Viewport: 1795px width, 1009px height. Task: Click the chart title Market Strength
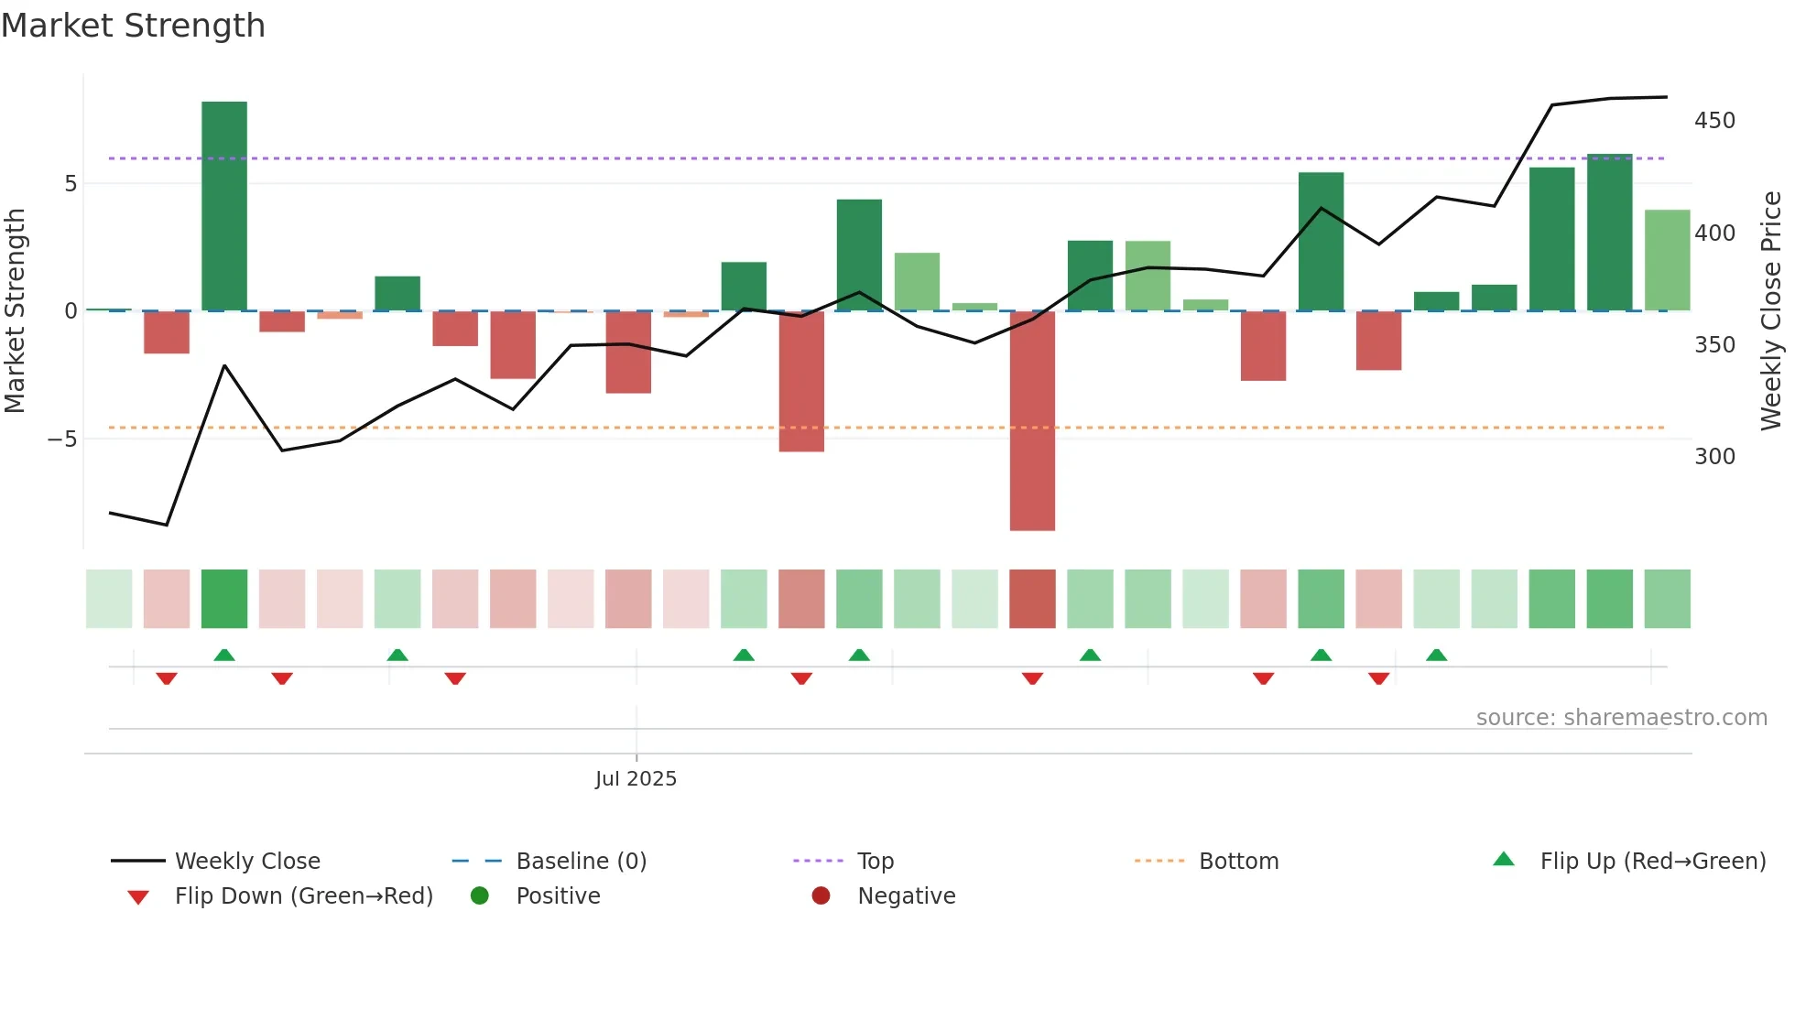133,26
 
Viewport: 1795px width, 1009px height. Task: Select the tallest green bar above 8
224,206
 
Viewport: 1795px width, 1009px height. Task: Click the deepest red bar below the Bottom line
1032,421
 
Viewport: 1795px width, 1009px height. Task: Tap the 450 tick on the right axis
1714,121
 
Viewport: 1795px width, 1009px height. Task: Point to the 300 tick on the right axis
1714,456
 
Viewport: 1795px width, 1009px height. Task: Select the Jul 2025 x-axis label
636,778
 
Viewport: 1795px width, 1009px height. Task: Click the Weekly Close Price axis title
1771,311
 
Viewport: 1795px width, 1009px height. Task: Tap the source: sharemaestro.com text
1621,717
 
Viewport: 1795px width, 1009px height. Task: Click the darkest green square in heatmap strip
224,599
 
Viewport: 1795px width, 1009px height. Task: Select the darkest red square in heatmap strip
1032,599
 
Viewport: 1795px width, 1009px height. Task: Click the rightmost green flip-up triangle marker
1436,655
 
